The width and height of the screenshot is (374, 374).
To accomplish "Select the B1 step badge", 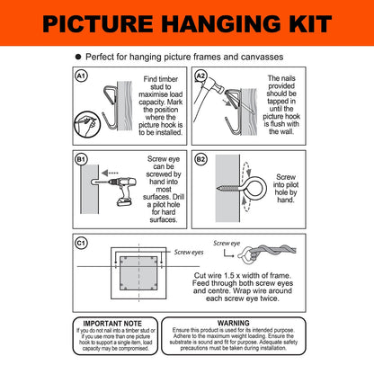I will pyautogui.click(x=83, y=160).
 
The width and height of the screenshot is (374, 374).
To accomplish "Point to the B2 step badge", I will pyautogui.click(x=201, y=160).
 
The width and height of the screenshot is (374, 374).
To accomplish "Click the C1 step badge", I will pyautogui.click(x=83, y=242).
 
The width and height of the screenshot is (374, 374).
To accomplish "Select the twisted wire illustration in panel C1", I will pyautogui.click(x=269, y=254).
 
